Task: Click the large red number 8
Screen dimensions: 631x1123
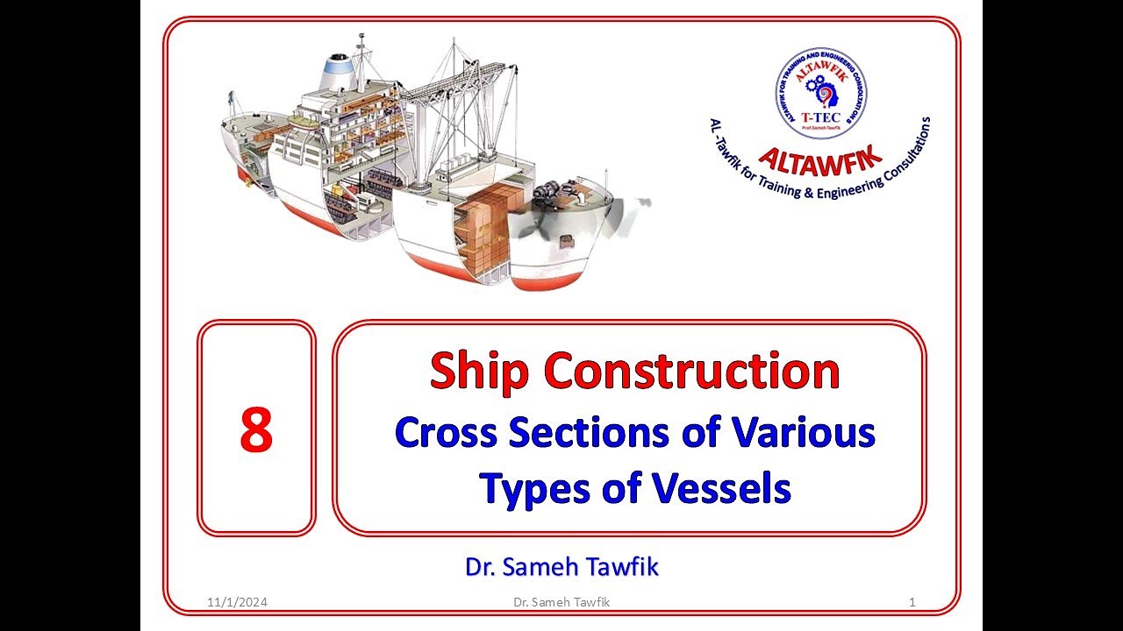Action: click(x=256, y=432)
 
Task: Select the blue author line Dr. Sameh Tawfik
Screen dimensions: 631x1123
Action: click(x=561, y=567)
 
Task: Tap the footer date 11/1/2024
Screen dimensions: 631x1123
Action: click(x=238, y=602)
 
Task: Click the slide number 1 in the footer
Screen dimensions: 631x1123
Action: click(x=913, y=602)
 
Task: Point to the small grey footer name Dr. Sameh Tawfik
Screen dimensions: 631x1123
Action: click(x=561, y=602)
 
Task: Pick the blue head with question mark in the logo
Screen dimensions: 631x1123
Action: click(x=827, y=94)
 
